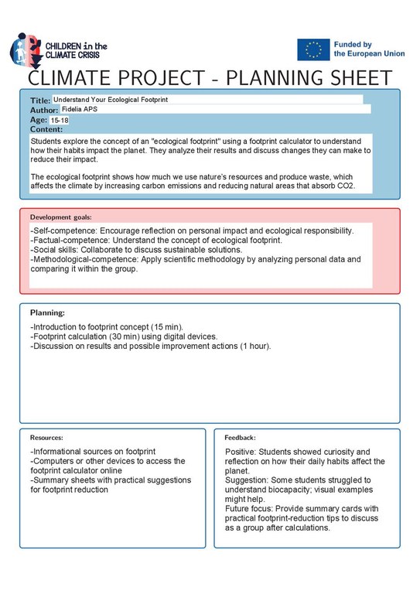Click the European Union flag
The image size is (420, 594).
(x=313, y=49)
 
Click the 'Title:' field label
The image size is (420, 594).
(x=40, y=101)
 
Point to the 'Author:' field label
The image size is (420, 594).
(x=44, y=111)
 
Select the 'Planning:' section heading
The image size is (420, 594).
(x=47, y=312)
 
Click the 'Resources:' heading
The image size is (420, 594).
(x=46, y=438)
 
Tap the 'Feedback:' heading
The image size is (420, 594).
(x=240, y=438)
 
